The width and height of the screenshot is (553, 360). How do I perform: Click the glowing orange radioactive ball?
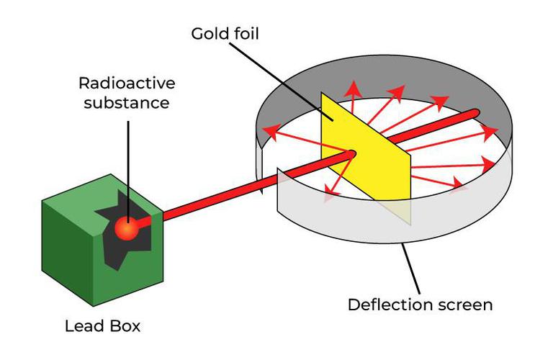click(x=127, y=228)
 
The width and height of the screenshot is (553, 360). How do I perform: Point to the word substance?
click(x=127, y=102)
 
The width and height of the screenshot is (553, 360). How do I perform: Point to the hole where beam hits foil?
click(x=351, y=153)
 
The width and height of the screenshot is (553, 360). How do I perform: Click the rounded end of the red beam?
click(x=476, y=113)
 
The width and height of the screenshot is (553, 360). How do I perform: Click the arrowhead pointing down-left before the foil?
click(x=329, y=191)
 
